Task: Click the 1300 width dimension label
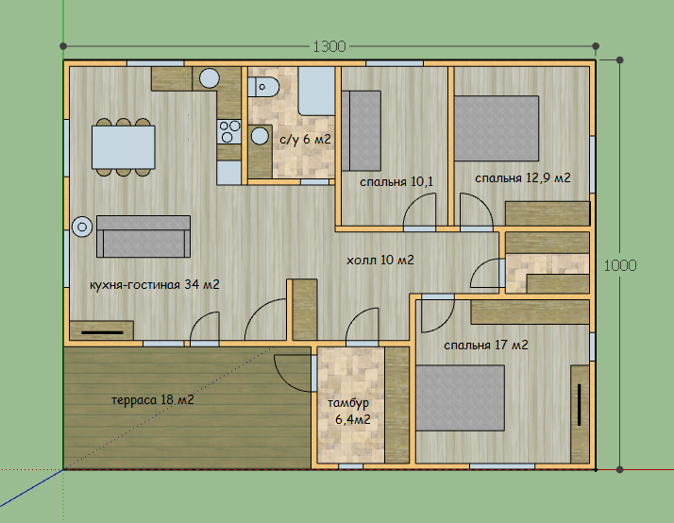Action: click(329, 46)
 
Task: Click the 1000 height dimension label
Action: click(620, 265)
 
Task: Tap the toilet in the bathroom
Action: click(263, 87)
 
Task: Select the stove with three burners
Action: click(229, 131)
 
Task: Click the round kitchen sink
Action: click(210, 78)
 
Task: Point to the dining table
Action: click(124, 147)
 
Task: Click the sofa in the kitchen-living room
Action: click(143, 236)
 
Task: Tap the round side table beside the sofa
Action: click(82, 227)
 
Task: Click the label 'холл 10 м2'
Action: click(380, 260)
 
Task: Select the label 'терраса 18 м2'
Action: click(153, 400)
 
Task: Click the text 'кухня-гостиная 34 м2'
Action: click(154, 284)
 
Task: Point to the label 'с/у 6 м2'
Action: click(305, 139)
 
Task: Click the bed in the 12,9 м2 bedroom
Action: click(497, 128)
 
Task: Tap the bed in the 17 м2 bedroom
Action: click(460, 398)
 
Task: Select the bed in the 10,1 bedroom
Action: click(361, 130)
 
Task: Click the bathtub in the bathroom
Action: click(317, 92)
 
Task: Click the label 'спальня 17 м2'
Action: click(486, 346)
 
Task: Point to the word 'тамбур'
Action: click(348, 403)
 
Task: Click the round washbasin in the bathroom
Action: click(260, 136)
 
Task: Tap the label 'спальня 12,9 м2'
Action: click(523, 177)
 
